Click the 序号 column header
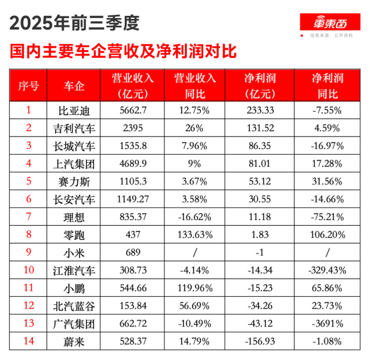[28, 86]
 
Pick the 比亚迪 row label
[74, 110]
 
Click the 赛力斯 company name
[74, 181]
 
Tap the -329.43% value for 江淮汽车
[326, 270]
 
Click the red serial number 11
[28, 288]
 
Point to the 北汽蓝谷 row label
[74, 306]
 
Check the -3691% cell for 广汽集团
[326, 324]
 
